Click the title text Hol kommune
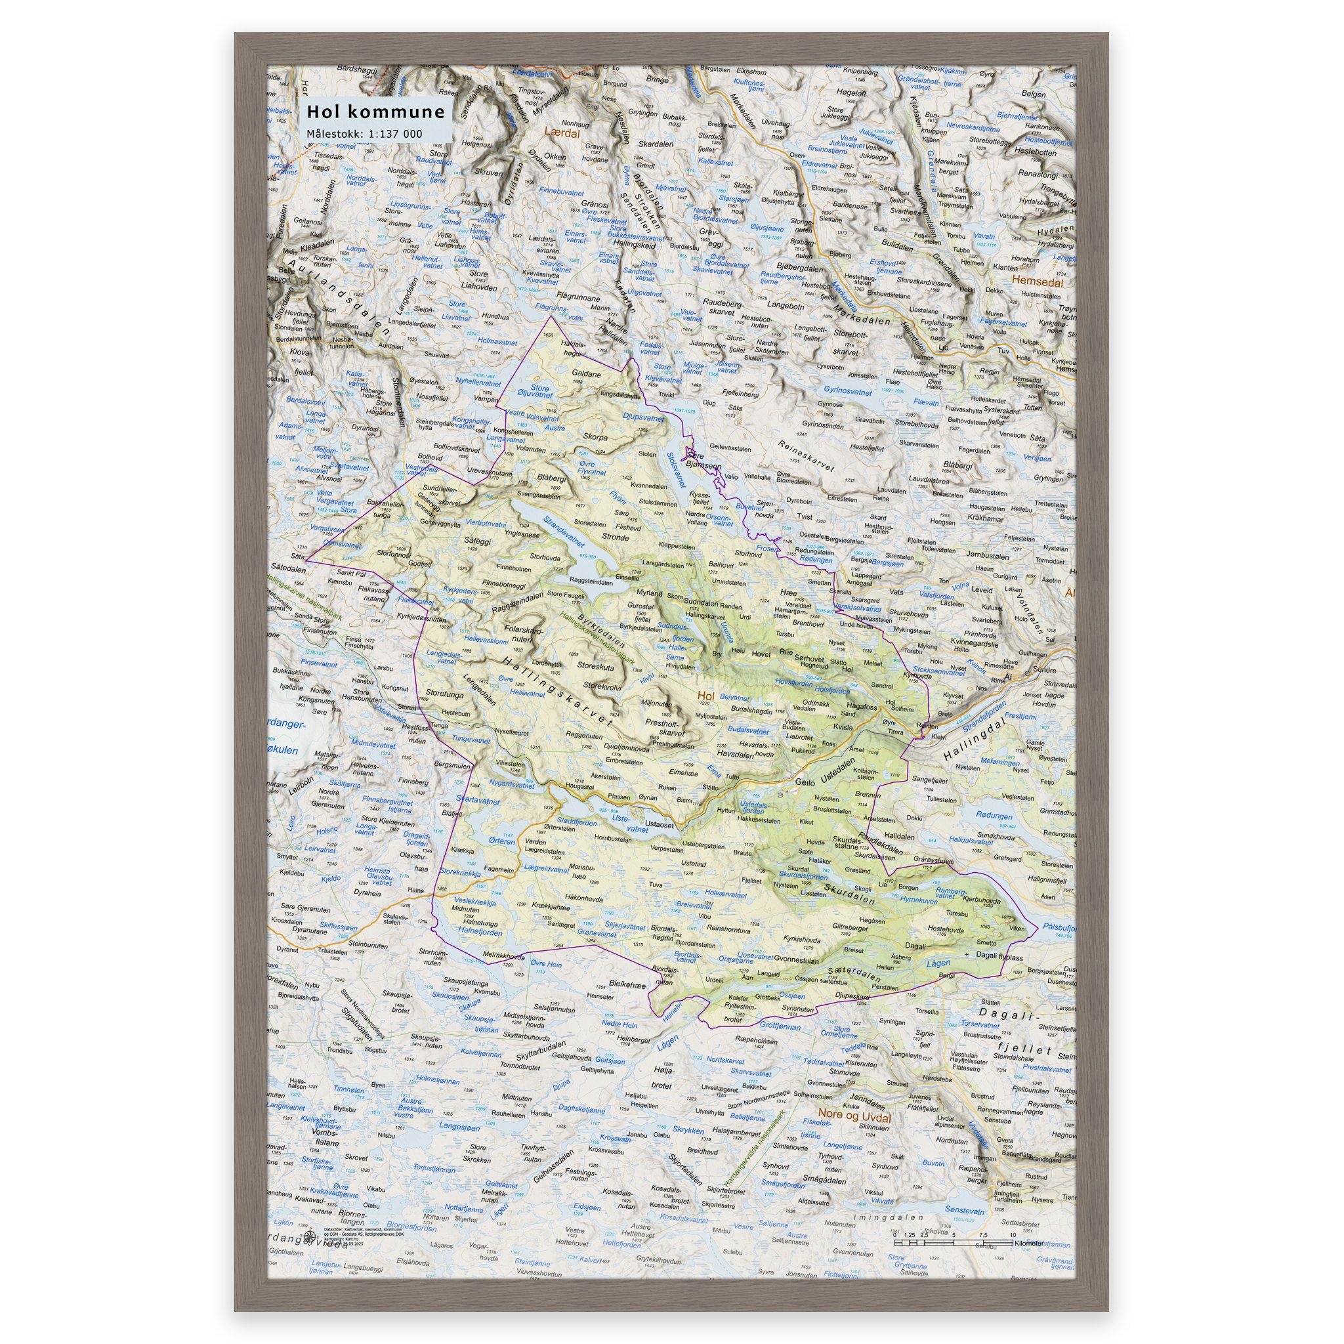click(376, 113)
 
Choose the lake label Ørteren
click(502, 841)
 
